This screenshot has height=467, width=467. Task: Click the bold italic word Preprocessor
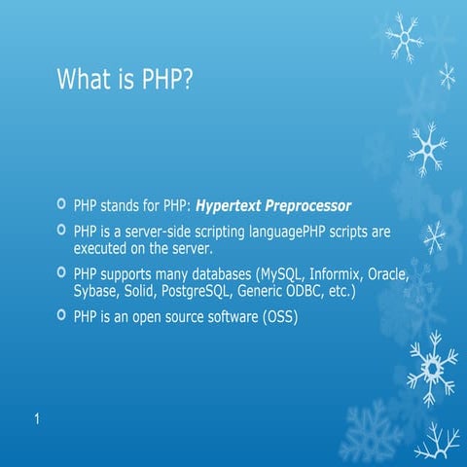tap(310, 206)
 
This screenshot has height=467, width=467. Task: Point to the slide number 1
tap(35, 419)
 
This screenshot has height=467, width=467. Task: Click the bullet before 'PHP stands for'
tap(62, 205)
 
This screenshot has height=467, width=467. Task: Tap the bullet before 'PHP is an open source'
tap(62, 316)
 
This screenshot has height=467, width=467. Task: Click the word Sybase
tap(95, 291)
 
